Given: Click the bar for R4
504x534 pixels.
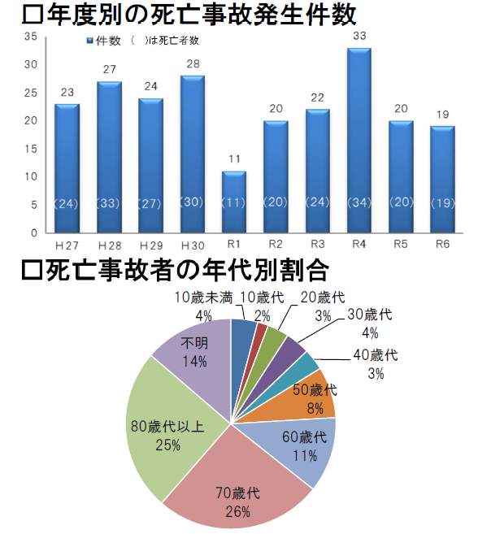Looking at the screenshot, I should coord(358,138).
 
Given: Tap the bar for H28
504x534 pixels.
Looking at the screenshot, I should coord(108,154).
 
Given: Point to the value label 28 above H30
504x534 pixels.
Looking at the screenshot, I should coord(192,63).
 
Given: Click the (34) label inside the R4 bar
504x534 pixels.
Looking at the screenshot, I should coord(358,203).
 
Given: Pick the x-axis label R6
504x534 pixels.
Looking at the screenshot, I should coord(442,244).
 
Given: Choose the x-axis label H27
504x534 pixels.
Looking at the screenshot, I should coord(67,244).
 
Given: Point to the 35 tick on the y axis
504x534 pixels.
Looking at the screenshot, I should coord(30,37).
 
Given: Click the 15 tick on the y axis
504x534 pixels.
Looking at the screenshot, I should coord(30,149).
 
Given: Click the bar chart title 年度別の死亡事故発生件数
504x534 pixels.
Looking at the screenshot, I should coord(189,14).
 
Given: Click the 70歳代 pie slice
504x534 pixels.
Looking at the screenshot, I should coord(236,480).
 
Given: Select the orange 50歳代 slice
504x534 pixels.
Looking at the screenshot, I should coord(313,394).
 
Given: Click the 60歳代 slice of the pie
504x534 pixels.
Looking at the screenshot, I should coord(301,447).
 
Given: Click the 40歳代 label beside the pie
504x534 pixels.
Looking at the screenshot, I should coord(373,355).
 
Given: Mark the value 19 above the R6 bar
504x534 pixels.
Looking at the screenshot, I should coord(442,114).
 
